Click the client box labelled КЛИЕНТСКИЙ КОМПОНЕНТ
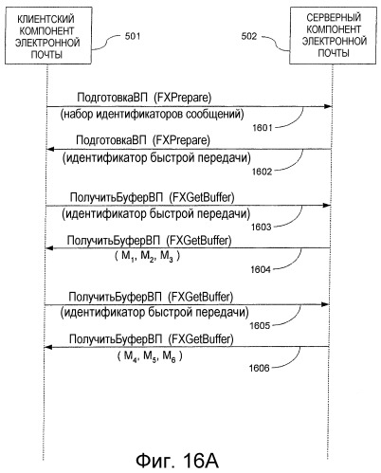(48, 35)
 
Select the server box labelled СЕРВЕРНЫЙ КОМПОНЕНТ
(333, 35)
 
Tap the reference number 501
(133, 36)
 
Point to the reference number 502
(249, 36)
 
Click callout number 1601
(263, 128)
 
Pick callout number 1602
(262, 172)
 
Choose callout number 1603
(262, 227)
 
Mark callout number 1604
(261, 269)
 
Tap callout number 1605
(260, 325)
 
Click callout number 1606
(260, 368)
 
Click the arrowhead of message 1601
(328, 106)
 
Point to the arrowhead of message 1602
(50, 149)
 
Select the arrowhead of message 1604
(49, 248)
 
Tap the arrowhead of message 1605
(325, 304)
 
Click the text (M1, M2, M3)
(147, 256)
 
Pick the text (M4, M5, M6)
(150, 356)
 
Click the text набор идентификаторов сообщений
(152, 114)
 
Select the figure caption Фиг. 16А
(177, 461)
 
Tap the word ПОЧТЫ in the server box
(334, 53)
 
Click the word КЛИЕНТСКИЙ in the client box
(45, 19)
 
